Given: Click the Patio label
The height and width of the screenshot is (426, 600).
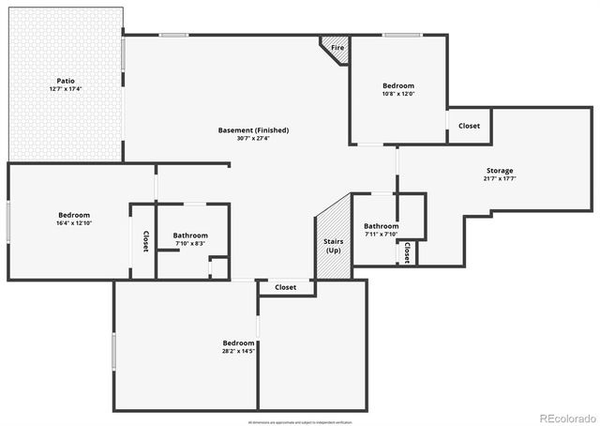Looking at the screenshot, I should [66, 81].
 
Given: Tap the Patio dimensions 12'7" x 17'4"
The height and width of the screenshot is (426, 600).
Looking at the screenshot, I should [66, 89].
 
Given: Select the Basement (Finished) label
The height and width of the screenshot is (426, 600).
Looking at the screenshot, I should [253, 130].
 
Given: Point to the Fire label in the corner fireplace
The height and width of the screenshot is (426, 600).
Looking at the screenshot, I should [337, 47].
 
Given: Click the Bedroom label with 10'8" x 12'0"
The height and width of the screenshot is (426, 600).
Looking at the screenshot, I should [398, 85].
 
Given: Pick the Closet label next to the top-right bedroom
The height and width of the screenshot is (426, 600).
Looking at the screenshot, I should [469, 126].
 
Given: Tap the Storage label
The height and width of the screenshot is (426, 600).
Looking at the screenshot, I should [500, 171].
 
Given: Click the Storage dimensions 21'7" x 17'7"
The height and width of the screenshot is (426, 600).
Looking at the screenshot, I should [500, 179].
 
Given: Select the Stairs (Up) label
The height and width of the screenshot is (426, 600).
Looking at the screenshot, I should [332, 246].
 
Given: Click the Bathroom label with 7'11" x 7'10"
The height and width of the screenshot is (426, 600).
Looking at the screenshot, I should [382, 226].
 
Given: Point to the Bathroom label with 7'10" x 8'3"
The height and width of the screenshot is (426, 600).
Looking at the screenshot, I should [190, 236].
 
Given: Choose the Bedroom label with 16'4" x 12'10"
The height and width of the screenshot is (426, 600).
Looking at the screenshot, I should [73, 215].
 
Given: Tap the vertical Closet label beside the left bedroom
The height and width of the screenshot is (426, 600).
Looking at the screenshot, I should [145, 241].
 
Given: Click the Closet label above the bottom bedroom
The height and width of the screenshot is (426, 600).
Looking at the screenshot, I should [285, 287].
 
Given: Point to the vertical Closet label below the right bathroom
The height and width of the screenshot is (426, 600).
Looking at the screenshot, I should [407, 252].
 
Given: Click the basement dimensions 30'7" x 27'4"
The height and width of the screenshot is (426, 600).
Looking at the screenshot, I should [253, 139].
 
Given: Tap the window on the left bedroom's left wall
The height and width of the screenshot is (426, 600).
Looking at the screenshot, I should [9, 221].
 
